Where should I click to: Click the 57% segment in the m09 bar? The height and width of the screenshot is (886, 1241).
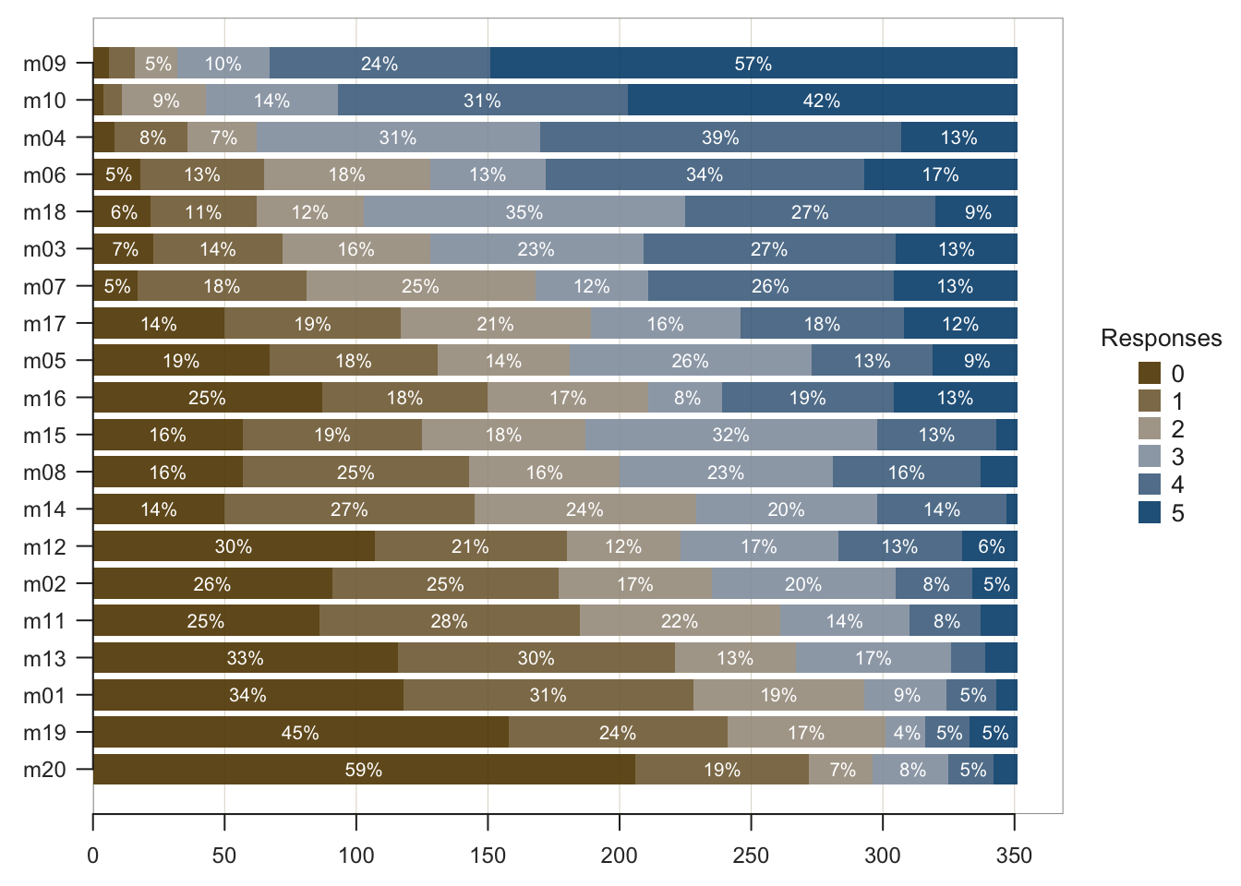[753, 63]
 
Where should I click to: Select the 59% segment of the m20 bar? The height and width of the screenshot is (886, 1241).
[364, 769]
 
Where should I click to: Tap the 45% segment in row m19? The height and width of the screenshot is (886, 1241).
[301, 732]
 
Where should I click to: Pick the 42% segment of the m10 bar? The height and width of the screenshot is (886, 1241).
[822, 100]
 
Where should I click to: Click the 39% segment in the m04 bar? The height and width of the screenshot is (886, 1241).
[720, 138]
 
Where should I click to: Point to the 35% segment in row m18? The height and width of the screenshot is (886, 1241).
[524, 211]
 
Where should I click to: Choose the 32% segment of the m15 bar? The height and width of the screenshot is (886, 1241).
[731, 435]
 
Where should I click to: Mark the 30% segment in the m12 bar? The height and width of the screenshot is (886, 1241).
[234, 546]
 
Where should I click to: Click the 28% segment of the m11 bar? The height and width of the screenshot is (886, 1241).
[449, 620]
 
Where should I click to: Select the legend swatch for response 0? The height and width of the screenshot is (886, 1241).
[1150, 373]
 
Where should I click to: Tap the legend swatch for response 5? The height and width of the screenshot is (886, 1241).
[1150, 512]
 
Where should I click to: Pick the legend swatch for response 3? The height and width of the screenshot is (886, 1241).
[1150, 457]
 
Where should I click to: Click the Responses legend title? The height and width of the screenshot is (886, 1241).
[1161, 339]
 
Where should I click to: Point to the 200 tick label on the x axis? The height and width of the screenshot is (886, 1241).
[619, 856]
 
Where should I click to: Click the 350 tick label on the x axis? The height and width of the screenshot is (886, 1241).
[1014, 856]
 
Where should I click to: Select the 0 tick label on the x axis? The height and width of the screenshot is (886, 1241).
[93, 856]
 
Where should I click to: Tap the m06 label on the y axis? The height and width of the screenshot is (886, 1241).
[44, 174]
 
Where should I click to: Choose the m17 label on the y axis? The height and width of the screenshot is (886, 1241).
[44, 324]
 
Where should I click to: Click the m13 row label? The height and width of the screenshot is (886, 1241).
[44, 658]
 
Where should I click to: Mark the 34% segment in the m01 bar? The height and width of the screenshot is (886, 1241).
[247, 695]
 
